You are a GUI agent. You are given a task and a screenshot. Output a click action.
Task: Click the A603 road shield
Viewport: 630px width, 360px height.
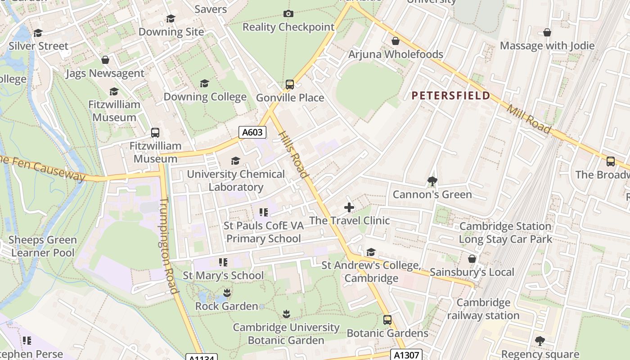[252, 132]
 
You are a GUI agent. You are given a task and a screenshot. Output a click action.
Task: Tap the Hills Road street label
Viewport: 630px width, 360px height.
[293, 154]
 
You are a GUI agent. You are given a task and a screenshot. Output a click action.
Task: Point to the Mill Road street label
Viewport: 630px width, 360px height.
[529, 119]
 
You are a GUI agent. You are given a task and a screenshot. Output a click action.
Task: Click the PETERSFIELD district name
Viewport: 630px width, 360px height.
[451, 95]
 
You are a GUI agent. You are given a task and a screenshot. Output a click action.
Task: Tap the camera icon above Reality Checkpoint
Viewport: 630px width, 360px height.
[288, 14]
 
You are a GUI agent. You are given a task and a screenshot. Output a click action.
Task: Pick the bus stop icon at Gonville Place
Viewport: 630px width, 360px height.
[290, 85]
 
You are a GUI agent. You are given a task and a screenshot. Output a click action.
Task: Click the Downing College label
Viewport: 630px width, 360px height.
[205, 97]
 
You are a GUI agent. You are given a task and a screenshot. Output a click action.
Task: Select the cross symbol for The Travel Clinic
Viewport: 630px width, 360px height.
[349, 207]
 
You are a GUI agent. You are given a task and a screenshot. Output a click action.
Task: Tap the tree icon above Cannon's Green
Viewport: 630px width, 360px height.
[432, 181]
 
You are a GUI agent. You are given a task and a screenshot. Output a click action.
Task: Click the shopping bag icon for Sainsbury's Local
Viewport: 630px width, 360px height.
[472, 259]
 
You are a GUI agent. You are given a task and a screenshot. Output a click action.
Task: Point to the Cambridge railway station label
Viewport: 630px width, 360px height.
[483, 309]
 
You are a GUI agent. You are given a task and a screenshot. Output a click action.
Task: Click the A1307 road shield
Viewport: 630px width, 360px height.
[406, 355]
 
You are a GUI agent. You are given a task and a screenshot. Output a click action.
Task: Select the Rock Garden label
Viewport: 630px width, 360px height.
[226, 306]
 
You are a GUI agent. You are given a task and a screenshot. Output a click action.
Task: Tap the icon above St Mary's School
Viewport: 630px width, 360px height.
[223, 262]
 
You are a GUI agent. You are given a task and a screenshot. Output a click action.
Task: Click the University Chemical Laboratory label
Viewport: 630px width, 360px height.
[236, 180]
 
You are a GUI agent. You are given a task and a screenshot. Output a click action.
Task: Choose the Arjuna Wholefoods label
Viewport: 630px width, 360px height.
[396, 54]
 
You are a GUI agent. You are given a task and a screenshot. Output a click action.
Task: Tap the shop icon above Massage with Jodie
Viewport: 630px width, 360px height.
[547, 32]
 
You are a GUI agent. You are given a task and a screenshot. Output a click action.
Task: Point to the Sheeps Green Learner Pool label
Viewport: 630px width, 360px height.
[43, 246]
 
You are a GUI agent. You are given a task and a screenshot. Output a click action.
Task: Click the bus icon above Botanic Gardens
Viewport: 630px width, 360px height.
[387, 320]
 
